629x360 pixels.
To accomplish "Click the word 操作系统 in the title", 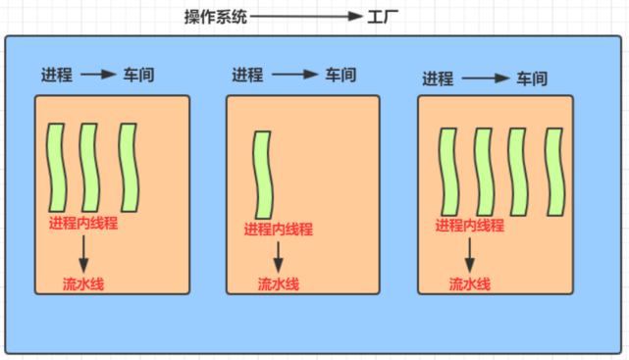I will point(216,17).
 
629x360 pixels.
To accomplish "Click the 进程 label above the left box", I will point(56,75).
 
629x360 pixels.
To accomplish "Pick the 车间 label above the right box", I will point(536,77).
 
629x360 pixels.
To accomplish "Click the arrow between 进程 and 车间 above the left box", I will point(98,75).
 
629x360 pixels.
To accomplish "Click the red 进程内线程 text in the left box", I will point(83,223).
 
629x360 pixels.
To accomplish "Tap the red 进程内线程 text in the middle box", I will point(278,230).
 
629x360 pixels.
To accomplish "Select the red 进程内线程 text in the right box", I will point(469,226).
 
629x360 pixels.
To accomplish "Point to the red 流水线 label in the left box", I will point(83,284).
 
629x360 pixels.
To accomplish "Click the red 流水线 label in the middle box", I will point(279,284).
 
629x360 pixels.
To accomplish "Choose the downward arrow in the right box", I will point(470,253).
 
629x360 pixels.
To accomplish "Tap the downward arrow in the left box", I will point(83,252).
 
